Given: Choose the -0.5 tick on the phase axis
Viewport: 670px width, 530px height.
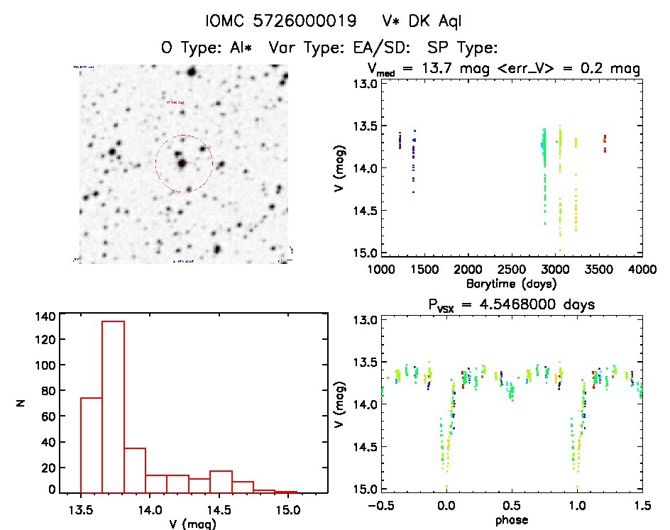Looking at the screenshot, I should [x=378, y=506].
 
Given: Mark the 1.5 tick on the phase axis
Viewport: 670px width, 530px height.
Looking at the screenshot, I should [x=642, y=506].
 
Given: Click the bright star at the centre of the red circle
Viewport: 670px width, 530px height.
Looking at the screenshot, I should [x=183, y=163].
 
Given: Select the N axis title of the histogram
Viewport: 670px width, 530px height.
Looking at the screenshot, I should [x=21, y=404].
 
